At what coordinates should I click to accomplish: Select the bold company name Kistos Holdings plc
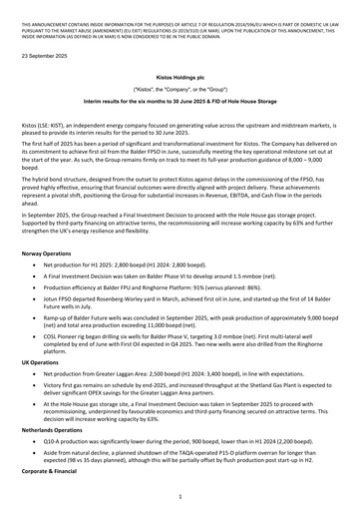pos(180,76)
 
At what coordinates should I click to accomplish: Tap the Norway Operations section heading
pos(52,256)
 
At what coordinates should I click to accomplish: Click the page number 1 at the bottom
pos(180,496)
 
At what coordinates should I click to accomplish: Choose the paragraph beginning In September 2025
pos(180,234)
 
